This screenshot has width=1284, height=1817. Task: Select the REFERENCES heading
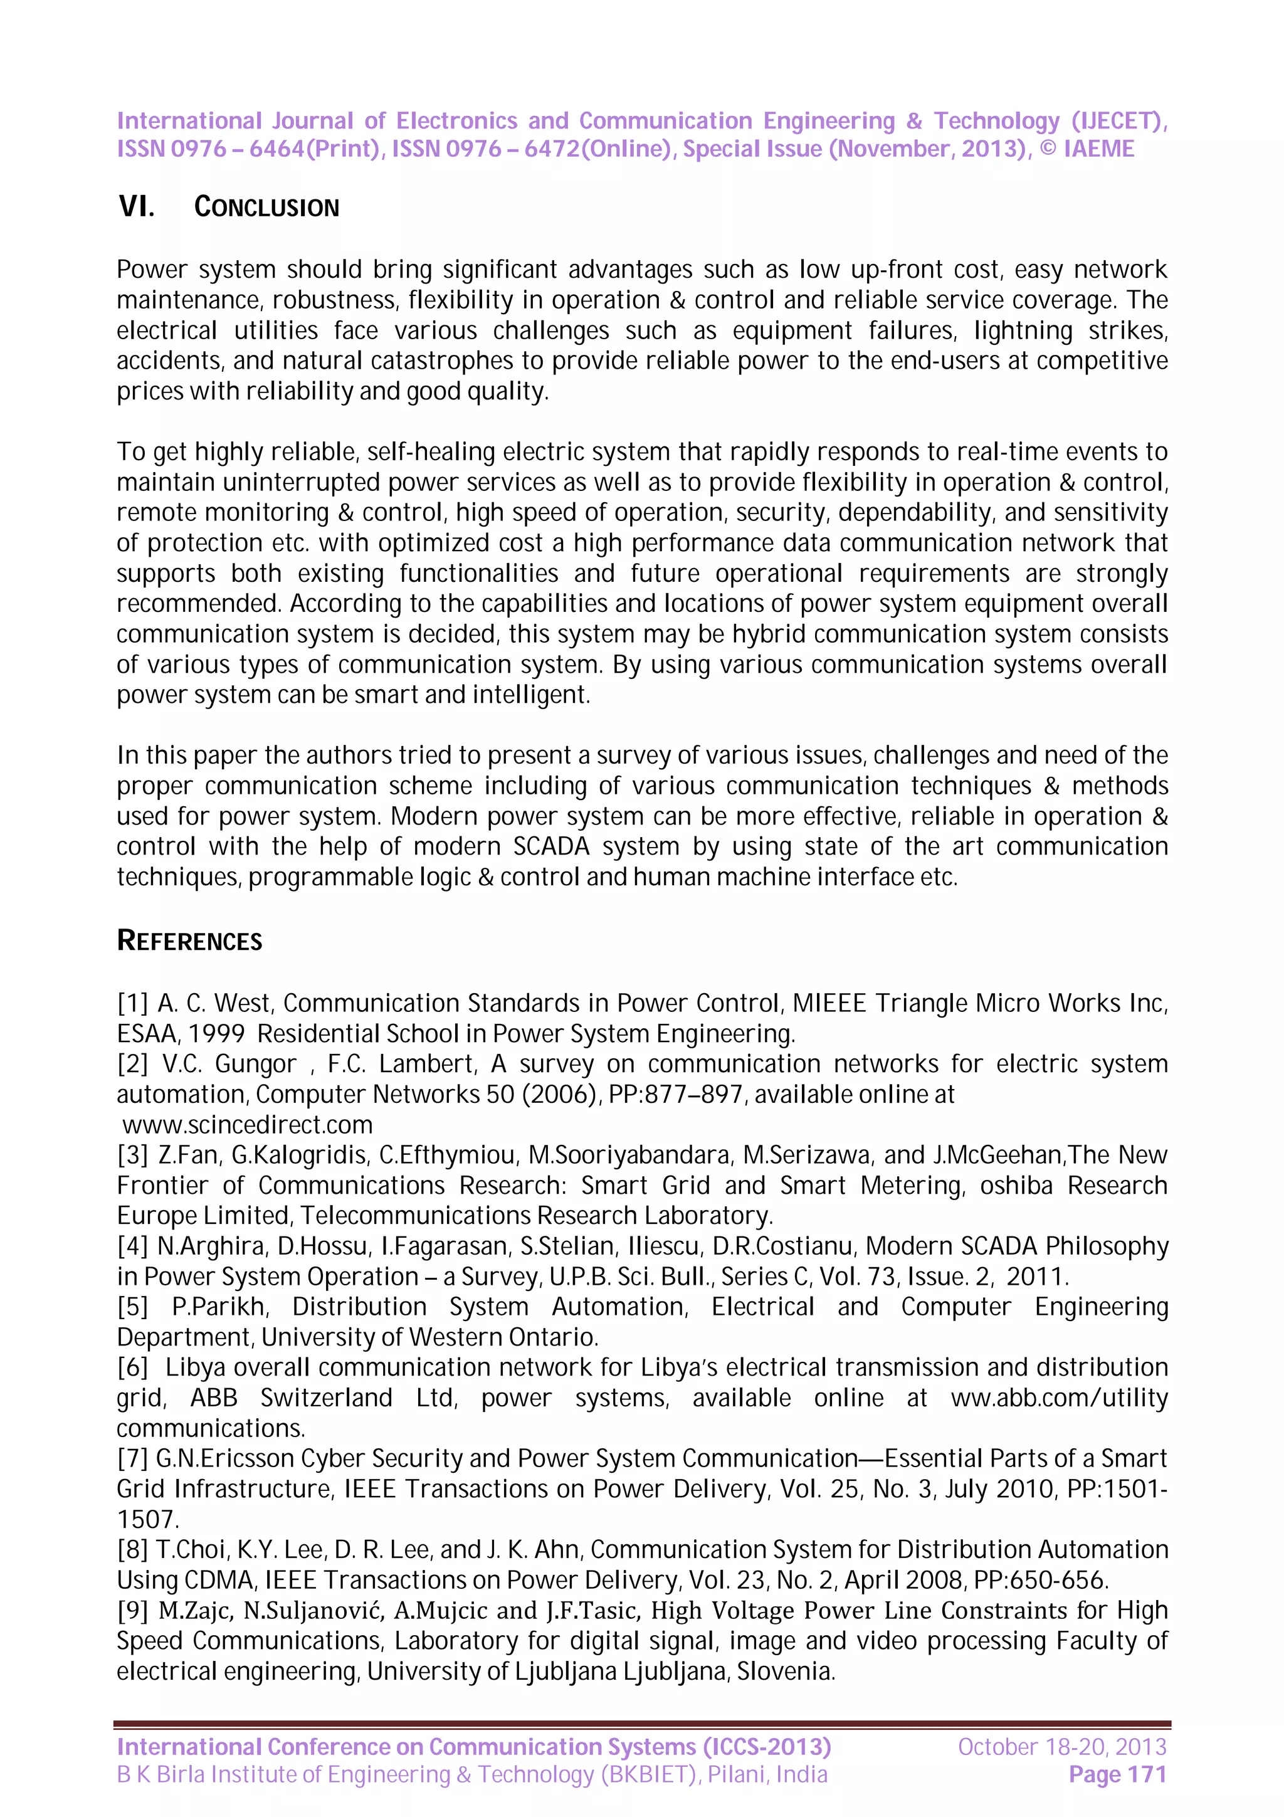point(189,941)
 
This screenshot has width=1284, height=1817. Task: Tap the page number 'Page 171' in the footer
point(1117,1774)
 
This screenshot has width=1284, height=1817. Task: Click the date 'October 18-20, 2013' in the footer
point(1061,1747)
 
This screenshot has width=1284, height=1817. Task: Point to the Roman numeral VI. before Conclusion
point(136,208)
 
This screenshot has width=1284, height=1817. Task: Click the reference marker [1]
point(132,1003)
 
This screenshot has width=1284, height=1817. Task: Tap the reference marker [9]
point(132,1611)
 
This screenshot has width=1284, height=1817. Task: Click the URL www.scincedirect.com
point(248,1125)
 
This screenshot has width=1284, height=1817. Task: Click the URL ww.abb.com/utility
point(1058,1398)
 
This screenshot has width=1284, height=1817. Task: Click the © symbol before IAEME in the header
point(1048,149)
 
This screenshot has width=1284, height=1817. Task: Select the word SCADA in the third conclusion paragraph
point(552,847)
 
